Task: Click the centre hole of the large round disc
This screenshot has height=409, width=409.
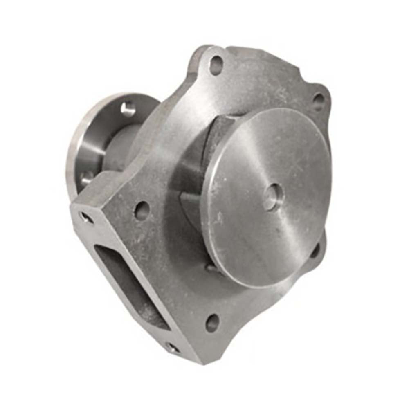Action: click(x=273, y=197)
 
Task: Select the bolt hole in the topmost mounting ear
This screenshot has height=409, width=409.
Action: click(x=216, y=65)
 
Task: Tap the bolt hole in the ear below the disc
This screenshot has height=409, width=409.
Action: click(x=212, y=322)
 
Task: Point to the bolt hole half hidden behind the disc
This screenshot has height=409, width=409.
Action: click(x=316, y=250)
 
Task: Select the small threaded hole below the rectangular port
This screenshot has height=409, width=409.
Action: click(x=173, y=348)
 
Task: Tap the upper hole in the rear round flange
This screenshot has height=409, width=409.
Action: click(x=128, y=109)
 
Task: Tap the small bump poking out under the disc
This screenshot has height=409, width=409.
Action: click(x=211, y=268)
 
